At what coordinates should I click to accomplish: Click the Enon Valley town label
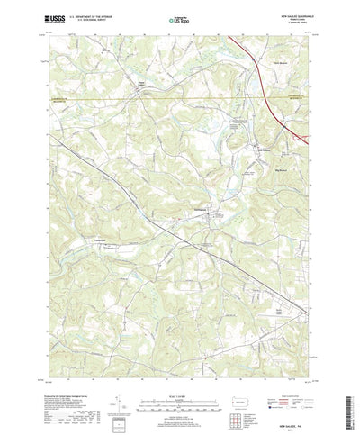coord(140,85)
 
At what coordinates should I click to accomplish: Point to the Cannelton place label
coord(102,240)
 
